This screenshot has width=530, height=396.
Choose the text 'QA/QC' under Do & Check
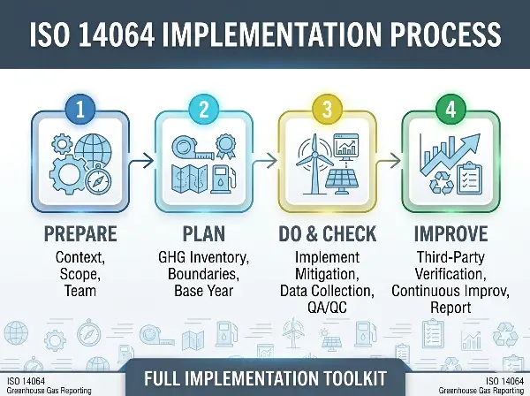coord(327,306)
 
